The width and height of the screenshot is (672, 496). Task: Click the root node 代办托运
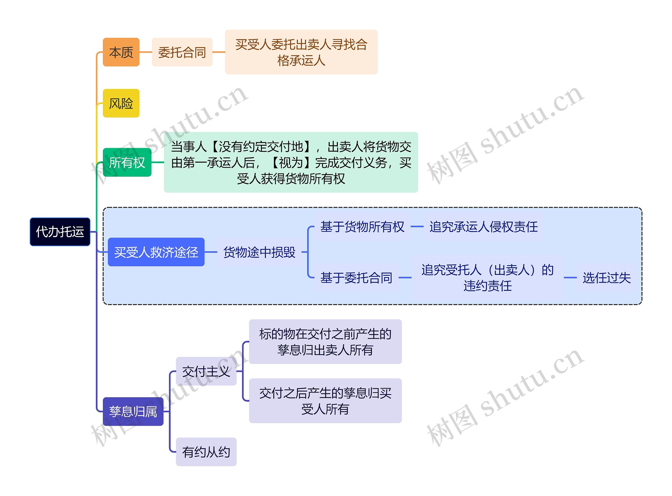tap(60, 232)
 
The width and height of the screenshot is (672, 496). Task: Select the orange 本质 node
tap(121, 52)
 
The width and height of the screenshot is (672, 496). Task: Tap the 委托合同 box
tap(182, 52)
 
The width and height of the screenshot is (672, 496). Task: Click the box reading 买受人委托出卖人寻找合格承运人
tap(301, 52)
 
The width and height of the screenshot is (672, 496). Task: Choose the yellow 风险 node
tap(121, 103)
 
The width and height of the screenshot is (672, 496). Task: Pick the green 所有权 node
tap(127, 163)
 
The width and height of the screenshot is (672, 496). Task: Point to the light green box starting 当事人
tap(291, 163)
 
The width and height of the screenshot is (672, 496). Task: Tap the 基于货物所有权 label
tap(362, 227)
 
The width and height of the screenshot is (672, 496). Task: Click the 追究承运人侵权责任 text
tap(483, 227)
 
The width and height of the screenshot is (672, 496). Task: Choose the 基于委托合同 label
tap(356, 278)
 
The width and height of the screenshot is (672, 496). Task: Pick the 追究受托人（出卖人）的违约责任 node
tap(487, 278)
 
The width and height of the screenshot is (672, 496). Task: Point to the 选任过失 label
tap(607, 278)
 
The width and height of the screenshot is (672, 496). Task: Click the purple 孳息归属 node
tap(133, 412)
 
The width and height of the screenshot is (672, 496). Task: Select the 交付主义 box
tap(206, 371)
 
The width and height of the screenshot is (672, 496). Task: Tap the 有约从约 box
tap(206, 452)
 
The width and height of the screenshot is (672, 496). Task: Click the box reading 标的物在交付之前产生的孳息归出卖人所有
tap(325, 342)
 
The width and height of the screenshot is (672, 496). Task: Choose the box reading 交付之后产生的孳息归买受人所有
tap(325, 401)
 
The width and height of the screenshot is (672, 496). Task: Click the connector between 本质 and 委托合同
tap(146, 52)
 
